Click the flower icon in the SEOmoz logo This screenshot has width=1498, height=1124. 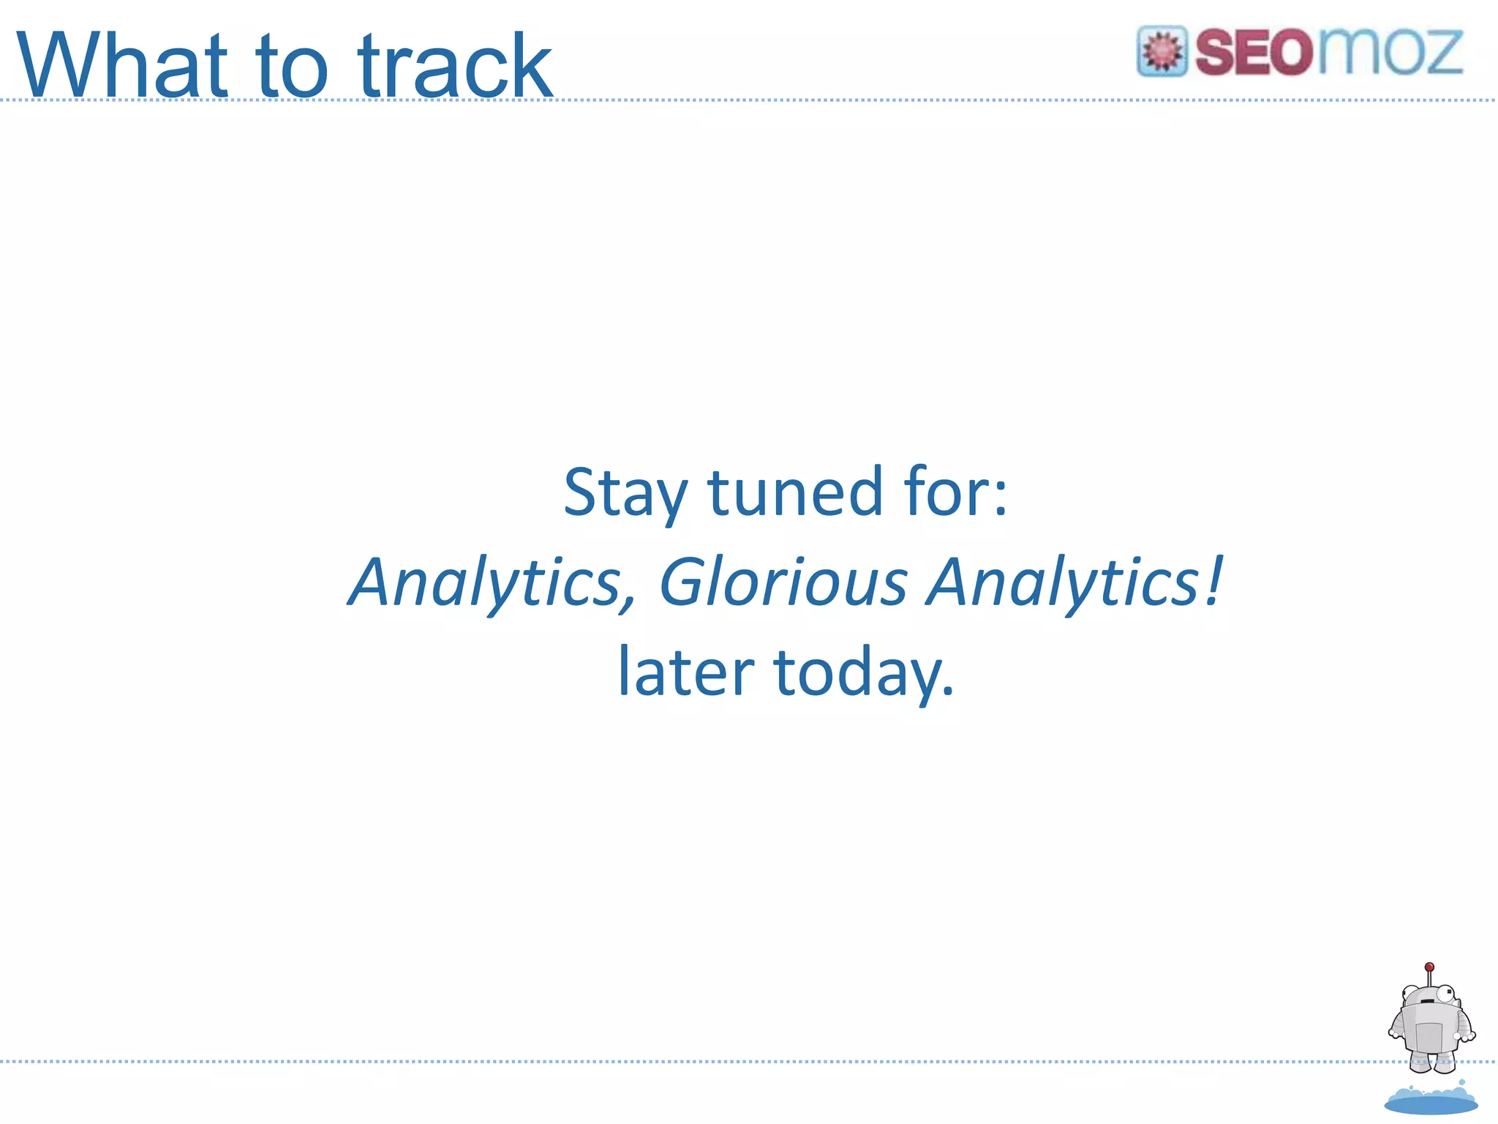pos(1162,51)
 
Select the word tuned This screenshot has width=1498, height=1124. pos(796,492)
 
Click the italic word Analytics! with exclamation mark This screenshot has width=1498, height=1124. pos(1072,583)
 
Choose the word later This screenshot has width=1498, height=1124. pos(685,671)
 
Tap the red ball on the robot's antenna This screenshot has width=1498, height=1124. pos(1429,967)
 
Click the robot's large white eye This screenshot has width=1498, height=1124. pos(1445,994)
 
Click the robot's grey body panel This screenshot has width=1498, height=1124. pos(1428,1036)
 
